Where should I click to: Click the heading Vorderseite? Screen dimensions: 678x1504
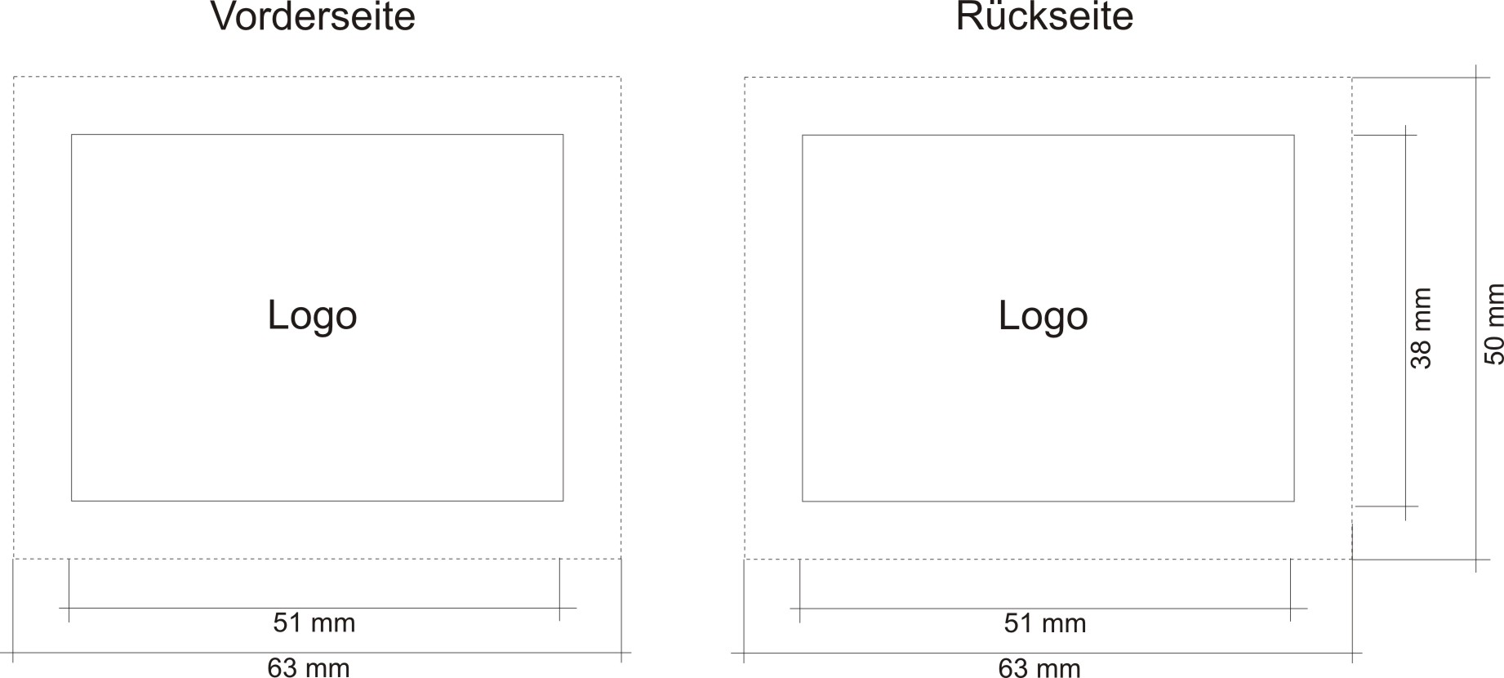click(x=313, y=16)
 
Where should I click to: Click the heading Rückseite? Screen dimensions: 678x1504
click(x=1044, y=16)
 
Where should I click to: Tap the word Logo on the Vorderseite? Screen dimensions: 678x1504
click(x=312, y=315)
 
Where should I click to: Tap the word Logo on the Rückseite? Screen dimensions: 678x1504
click(x=1043, y=316)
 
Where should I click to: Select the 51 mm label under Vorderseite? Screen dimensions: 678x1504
click(x=314, y=623)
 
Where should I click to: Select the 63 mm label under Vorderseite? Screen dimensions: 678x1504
click(x=309, y=667)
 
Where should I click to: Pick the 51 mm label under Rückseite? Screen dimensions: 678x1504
click(x=1045, y=624)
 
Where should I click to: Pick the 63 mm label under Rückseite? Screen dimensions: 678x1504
click(x=1039, y=668)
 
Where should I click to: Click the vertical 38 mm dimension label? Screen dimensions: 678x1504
click(x=1422, y=328)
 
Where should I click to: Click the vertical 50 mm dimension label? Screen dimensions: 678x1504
click(x=1493, y=323)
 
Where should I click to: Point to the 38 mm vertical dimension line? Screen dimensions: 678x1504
click(x=1405, y=245)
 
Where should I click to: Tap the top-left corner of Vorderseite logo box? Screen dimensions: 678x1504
click(x=72, y=135)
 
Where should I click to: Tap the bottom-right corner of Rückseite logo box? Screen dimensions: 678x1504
click(x=1294, y=501)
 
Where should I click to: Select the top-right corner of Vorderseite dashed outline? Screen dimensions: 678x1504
click(x=621, y=78)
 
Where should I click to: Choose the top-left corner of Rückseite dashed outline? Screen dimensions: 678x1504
click(x=745, y=78)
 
